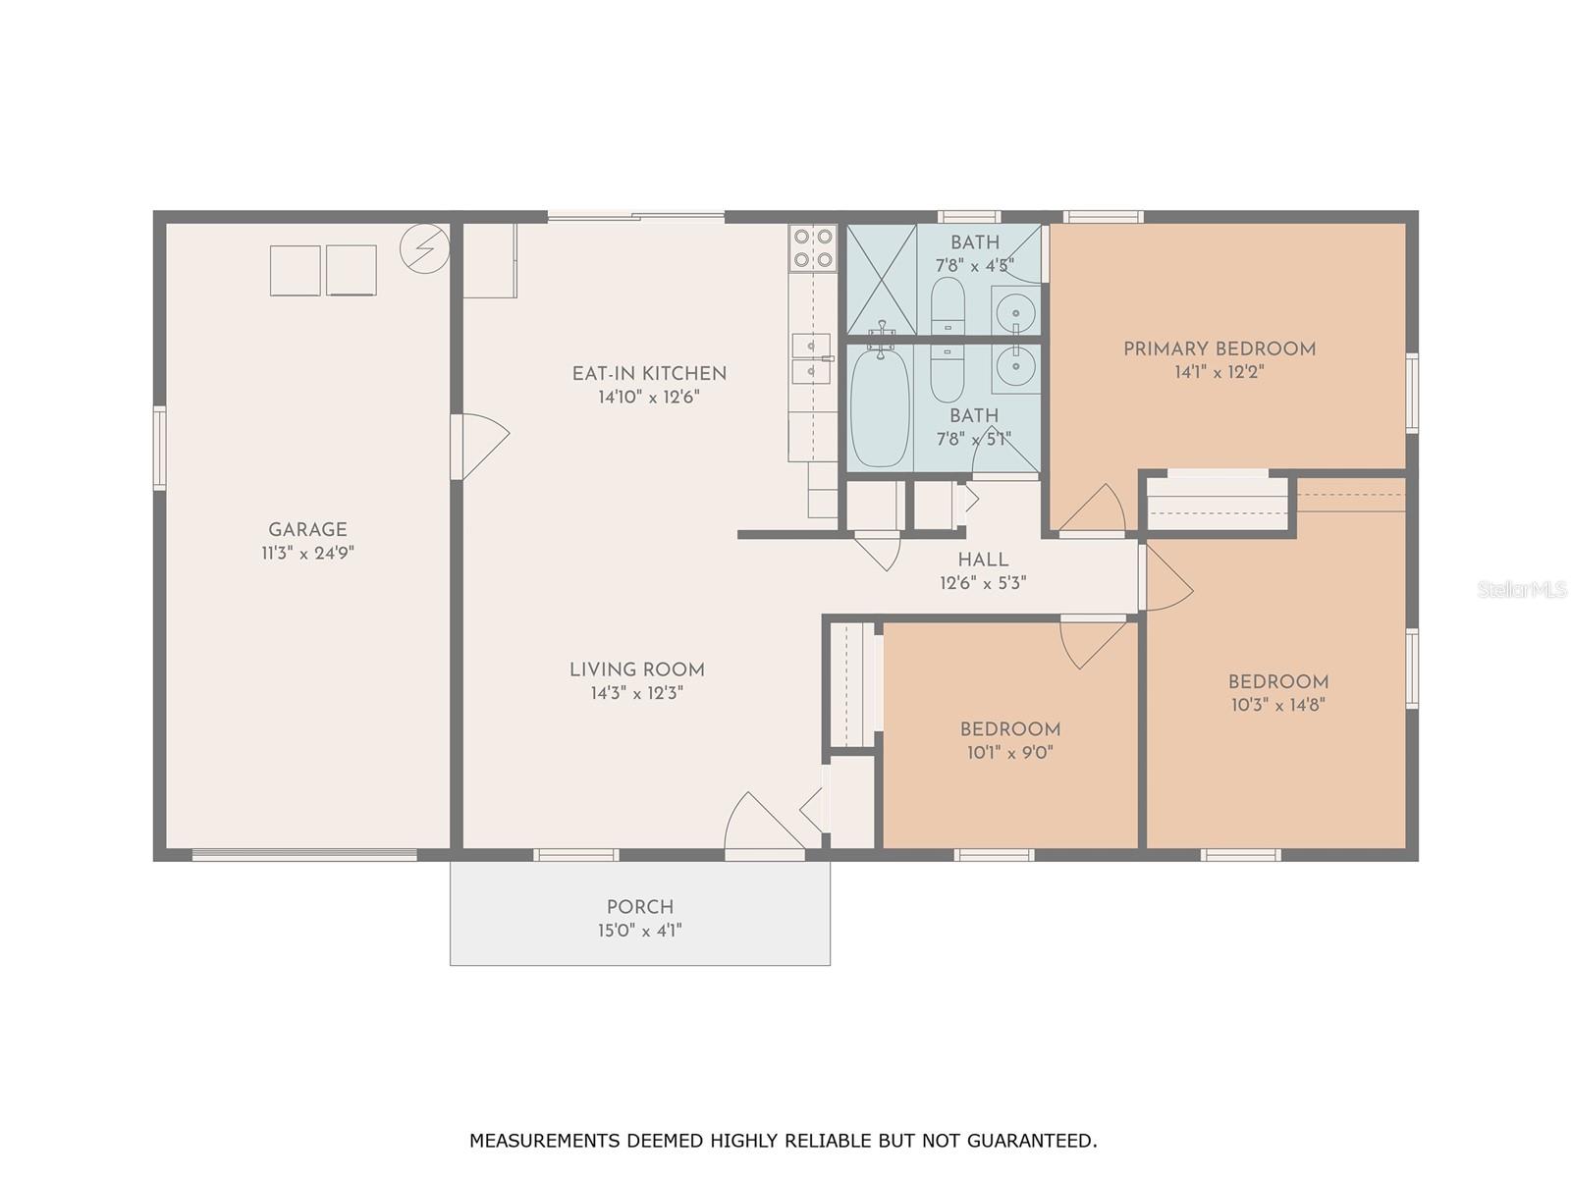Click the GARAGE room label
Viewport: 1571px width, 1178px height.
(307, 530)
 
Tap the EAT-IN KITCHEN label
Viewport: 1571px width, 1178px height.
(649, 373)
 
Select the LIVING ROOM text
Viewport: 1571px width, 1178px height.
(637, 670)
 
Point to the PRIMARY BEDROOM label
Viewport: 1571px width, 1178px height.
(1219, 349)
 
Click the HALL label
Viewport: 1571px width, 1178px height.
(983, 560)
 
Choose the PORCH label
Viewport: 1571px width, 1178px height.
(640, 907)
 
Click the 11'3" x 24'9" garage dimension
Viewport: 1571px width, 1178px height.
(307, 553)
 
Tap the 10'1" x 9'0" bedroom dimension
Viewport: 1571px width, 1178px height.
(1009, 752)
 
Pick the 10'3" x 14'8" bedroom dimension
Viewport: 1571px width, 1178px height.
(1277, 705)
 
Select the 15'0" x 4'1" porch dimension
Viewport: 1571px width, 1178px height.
(640, 930)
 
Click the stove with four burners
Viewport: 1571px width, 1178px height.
(813, 247)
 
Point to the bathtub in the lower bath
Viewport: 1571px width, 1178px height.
(880, 407)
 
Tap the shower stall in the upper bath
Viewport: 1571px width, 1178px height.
(881, 279)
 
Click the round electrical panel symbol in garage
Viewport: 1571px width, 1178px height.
(424, 248)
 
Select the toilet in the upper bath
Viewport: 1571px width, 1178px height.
(947, 305)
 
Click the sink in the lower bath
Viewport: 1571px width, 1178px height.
(1015, 367)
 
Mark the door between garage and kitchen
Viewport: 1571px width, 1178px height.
(479, 447)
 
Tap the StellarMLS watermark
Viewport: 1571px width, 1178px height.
(1522, 589)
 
